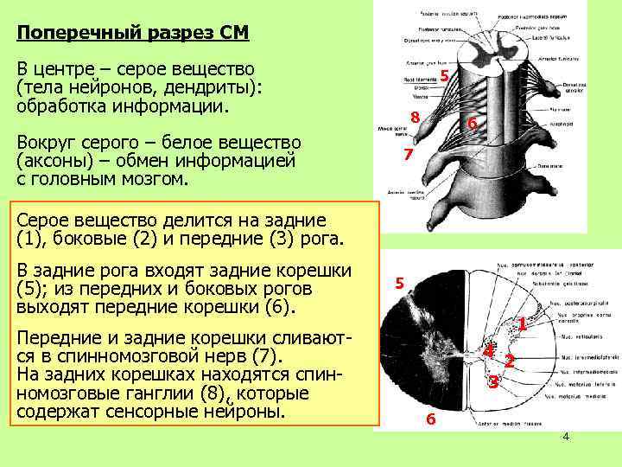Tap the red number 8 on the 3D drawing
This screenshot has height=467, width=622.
416,118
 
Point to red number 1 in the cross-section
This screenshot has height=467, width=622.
522,324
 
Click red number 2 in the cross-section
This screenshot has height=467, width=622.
510,361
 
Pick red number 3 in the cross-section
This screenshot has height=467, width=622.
492,381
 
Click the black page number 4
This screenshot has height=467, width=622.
566,437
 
